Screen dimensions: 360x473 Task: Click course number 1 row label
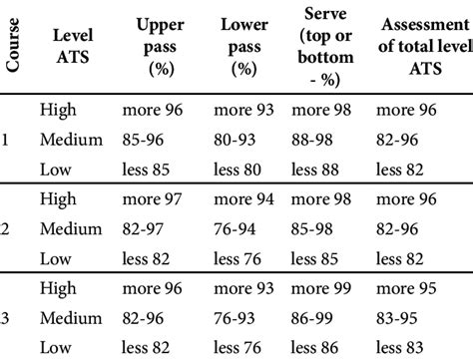pos(6,141)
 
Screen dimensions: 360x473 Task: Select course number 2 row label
pos(6,229)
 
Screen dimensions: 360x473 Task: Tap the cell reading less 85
pos(146,170)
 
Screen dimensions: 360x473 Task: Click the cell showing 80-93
pos(235,141)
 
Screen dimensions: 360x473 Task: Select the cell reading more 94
pos(245,199)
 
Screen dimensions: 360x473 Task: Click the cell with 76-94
pos(235,229)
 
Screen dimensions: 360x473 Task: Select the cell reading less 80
pos(236,170)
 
